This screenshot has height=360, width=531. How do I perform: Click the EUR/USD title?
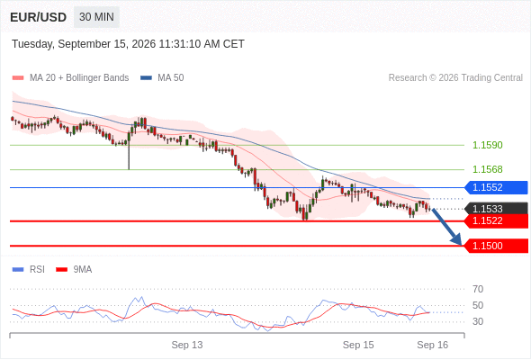[39, 17]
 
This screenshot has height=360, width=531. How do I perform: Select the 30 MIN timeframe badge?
[96, 17]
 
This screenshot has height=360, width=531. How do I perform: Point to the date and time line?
[128, 44]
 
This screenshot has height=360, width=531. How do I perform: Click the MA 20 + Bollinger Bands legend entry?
[70, 78]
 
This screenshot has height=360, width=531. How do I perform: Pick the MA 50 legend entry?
[162, 78]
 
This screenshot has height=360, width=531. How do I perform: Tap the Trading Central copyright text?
[455, 78]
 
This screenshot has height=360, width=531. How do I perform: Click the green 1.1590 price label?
[487, 145]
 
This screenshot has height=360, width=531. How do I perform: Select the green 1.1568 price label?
[487, 169]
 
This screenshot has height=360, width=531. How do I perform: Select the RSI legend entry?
[29, 270]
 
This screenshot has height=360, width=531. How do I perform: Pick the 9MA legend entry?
[74, 270]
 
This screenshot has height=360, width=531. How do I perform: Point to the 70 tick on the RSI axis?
[478, 289]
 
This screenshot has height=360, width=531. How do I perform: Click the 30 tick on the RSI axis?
[478, 321]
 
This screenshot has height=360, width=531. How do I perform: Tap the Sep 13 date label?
[187, 345]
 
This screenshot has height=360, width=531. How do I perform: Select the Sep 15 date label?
[358, 345]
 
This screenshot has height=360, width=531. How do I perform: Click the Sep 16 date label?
[433, 345]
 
